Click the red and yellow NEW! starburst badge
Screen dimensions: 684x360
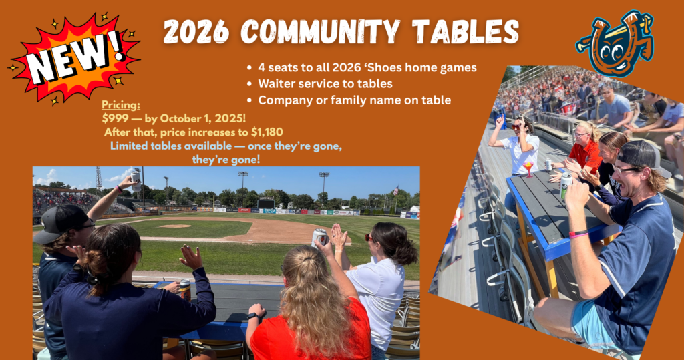(74, 59)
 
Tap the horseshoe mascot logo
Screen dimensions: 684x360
(616, 43)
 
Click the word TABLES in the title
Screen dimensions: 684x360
(466, 31)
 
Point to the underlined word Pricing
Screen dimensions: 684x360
(121, 105)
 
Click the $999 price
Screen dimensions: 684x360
(114, 118)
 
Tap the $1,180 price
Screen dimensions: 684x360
(267, 132)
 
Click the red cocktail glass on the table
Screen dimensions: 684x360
(528, 168)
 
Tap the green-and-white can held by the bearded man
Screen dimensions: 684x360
(566, 186)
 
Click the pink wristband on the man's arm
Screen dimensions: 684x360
(578, 234)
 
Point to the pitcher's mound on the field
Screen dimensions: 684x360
(175, 226)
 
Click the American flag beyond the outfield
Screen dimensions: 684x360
(395, 190)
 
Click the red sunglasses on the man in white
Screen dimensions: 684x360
(517, 126)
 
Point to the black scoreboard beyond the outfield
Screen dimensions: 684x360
(266, 203)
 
